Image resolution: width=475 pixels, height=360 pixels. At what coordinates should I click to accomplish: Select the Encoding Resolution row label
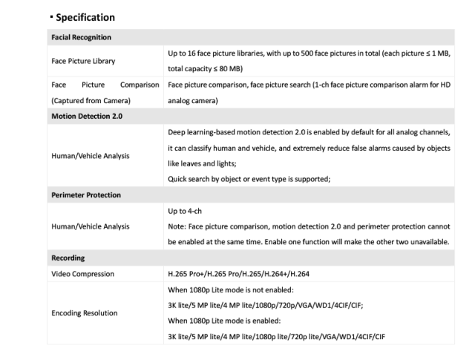[84, 312]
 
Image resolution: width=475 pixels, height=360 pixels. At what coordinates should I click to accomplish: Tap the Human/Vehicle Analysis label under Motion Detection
[89, 155]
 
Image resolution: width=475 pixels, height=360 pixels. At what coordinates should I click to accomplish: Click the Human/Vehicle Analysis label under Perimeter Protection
[89, 226]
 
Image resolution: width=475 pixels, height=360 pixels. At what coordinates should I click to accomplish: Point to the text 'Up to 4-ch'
[186, 211]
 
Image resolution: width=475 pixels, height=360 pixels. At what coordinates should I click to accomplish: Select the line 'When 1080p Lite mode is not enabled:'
[233, 289]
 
